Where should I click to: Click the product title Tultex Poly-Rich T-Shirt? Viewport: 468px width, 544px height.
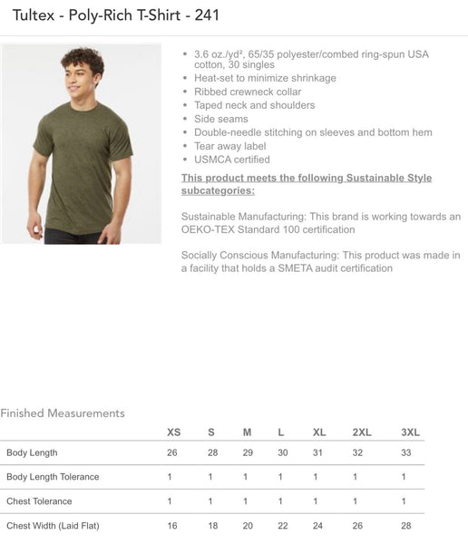coord(116,15)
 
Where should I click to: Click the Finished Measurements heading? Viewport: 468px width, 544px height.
coord(63,413)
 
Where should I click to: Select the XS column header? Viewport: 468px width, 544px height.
coord(174,432)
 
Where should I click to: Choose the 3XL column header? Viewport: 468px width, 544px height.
coord(410,432)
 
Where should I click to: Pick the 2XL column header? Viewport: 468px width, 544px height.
coord(362,432)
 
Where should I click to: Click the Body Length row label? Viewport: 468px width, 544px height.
coord(32,452)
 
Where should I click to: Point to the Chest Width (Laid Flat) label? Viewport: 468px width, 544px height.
coord(53,525)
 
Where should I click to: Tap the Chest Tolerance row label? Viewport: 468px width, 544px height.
coord(39,501)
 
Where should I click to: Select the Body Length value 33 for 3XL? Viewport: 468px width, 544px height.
coord(405,452)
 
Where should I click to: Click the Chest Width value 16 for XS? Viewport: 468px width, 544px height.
coord(172,525)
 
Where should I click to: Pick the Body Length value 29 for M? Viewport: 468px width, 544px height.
coord(247,452)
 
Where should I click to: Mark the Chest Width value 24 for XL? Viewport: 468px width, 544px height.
coord(317,525)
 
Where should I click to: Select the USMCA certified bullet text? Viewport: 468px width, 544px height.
coord(232,160)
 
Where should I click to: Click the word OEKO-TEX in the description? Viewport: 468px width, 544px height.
coord(210,230)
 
